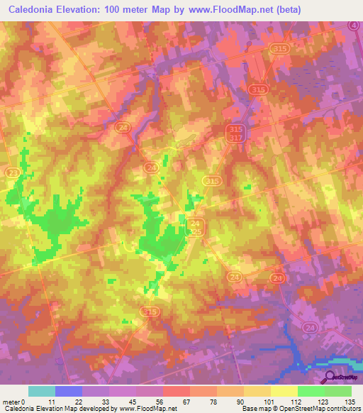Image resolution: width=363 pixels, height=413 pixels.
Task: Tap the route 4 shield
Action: pyautogui.click(x=353, y=25)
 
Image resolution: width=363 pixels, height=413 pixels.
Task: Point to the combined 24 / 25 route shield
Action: pyautogui.click(x=196, y=228)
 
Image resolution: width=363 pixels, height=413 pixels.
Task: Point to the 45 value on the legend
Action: pyautogui.click(x=135, y=401)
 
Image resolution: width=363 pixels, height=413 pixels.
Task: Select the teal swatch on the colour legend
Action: pyautogui.click(x=41, y=391)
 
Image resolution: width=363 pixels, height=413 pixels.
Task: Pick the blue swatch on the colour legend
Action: pyautogui.click(x=68, y=391)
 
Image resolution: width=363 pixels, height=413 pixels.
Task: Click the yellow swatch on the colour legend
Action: pyautogui.click(x=284, y=391)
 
